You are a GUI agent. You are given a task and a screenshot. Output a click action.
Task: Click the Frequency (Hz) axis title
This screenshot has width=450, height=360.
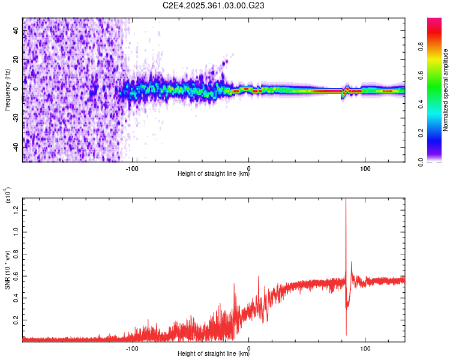[x=7, y=90]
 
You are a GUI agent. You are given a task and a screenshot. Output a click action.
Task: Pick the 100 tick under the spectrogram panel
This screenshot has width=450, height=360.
[x=365, y=168]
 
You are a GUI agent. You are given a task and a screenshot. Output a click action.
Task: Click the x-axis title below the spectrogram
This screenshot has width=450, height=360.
[x=214, y=175]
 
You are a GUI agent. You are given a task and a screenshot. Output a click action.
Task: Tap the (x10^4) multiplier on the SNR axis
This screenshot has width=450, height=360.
[x=7, y=195]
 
